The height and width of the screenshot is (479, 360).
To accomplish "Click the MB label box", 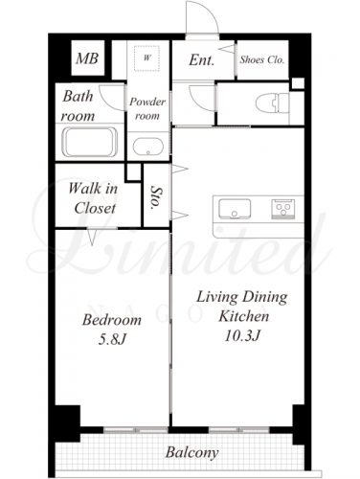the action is coord(88,58).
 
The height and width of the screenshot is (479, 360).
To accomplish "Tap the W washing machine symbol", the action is coord(146,58).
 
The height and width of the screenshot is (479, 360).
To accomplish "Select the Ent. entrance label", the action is coord(201,59).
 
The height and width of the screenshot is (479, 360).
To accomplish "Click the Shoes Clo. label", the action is coord(262,59).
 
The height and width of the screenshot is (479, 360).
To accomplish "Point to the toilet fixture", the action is coord(272,103).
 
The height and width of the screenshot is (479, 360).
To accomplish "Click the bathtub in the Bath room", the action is coord(90,142).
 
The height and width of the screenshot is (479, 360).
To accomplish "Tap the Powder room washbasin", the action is coord(148,147).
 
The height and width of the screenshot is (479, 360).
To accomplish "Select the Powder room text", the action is coord(147,108).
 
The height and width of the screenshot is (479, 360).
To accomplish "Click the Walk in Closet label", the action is coord(93,198).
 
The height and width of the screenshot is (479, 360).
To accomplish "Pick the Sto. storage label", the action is coord(156,197).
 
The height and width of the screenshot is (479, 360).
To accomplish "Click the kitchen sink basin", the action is coord(235,209).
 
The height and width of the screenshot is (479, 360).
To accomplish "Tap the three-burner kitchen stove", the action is coord(283,209).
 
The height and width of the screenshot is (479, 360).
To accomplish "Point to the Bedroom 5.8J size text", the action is coord(112,340).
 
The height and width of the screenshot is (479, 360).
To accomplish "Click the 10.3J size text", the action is coord(242,336).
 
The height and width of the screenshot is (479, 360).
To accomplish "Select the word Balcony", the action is coord(191,453).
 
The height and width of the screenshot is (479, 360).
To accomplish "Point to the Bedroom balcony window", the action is coord(136,430).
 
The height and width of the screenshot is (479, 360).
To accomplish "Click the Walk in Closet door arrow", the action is coord(92,237).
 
